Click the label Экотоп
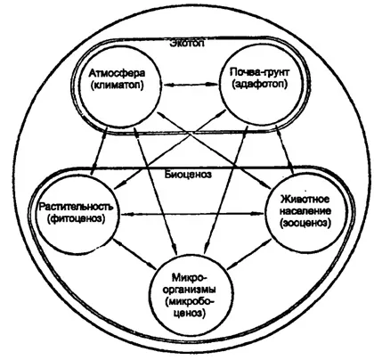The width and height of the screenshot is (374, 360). click(x=187, y=44)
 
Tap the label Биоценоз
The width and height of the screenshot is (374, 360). click(x=188, y=174)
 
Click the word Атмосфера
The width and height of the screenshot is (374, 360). click(x=118, y=73)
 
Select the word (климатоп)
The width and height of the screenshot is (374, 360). click(x=118, y=86)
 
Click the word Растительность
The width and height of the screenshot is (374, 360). click(x=77, y=207)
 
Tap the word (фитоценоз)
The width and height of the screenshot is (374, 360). click(x=77, y=219)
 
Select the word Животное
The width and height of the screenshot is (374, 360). click(x=305, y=199)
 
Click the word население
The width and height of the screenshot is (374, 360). click(x=305, y=211)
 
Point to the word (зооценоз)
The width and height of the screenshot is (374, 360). click(x=305, y=223)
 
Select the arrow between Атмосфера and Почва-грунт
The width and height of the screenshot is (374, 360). click(x=191, y=85)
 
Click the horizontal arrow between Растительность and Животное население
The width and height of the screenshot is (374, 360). click(x=192, y=213)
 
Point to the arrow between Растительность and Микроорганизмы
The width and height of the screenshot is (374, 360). click(x=134, y=253)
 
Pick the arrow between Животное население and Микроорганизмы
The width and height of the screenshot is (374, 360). click(x=249, y=254)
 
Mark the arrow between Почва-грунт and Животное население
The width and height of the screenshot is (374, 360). click(x=285, y=150)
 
